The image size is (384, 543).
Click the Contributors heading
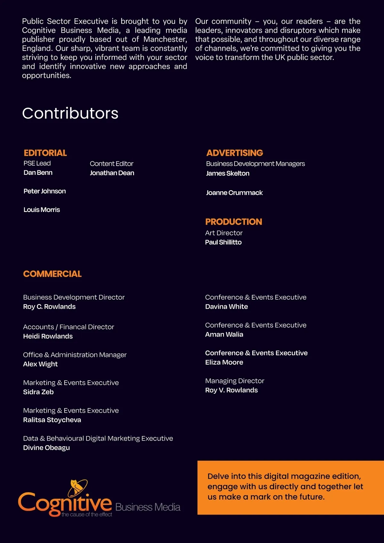click(x=70, y=113)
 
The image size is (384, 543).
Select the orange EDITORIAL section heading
click(x=45, y=153)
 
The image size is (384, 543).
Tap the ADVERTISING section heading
click(x=235, y=153)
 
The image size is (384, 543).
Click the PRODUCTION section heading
click(x=234, y=222)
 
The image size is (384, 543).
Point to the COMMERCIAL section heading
click(x=52, y=274)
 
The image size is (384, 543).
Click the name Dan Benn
click(x=38, y=173)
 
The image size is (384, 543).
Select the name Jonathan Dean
click(x=112, y=173)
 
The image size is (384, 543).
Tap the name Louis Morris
click(x=42, y=210)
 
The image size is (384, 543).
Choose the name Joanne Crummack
click(x=234, y=193)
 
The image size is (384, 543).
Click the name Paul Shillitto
click(x=223, y=242)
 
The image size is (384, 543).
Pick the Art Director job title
click(x=224, y=233)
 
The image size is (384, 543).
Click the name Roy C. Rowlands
click(x=49, y=307)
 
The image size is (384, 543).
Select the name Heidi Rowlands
click(x=48, y=336)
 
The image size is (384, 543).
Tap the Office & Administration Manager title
click(x=75, y=355)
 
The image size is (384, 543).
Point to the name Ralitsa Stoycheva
click(x=52, y=420)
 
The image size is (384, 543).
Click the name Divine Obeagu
click(x=46, y=448)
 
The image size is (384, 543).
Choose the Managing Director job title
click(x=235, y=381)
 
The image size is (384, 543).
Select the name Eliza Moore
click(x=224, y=362)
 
